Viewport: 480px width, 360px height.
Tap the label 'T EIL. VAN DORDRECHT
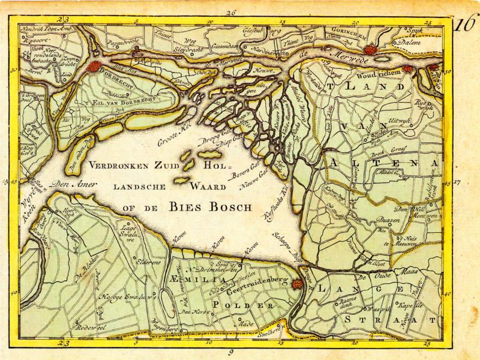pyautogui.click(x=120, y=103)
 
